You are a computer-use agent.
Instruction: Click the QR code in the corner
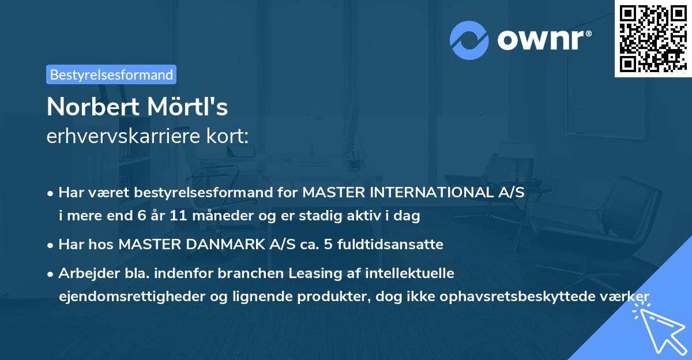click(653, 38)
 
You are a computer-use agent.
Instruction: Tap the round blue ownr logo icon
click(469, 40)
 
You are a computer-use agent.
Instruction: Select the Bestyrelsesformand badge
click(111, 74)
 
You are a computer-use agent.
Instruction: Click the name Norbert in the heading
click(92, 106)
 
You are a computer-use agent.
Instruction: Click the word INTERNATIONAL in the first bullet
click(426, 192)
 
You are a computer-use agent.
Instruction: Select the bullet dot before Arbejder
click(51, 273)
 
